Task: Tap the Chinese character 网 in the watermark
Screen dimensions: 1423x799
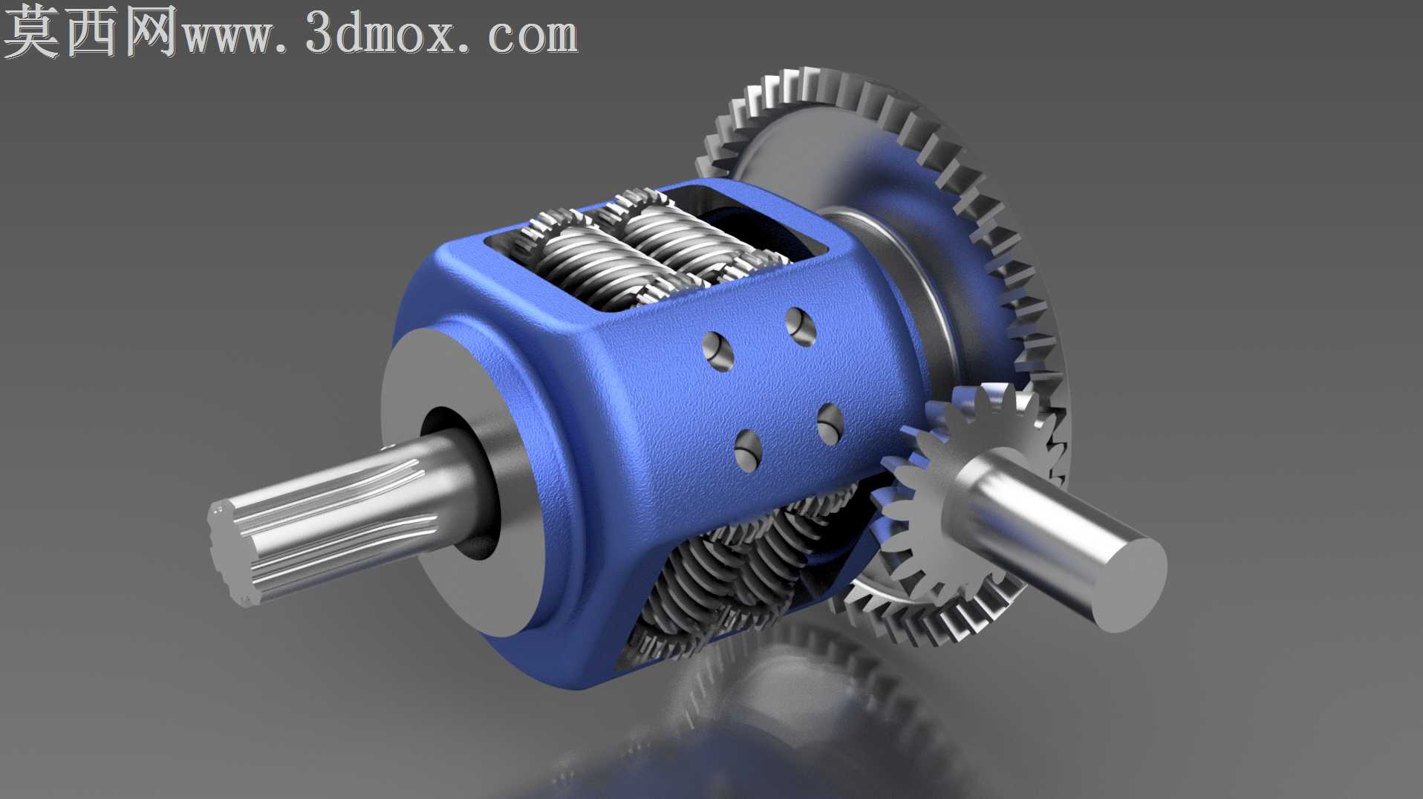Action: [152, 31]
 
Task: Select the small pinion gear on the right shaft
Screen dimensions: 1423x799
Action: [958, 475]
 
